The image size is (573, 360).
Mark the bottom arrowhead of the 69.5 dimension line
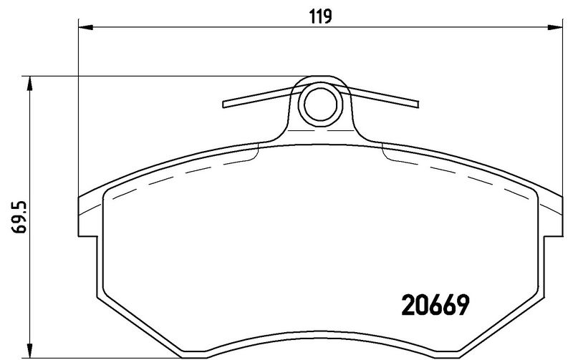(x=29, y=350)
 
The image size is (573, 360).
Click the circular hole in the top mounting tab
(x=319, y=104)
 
